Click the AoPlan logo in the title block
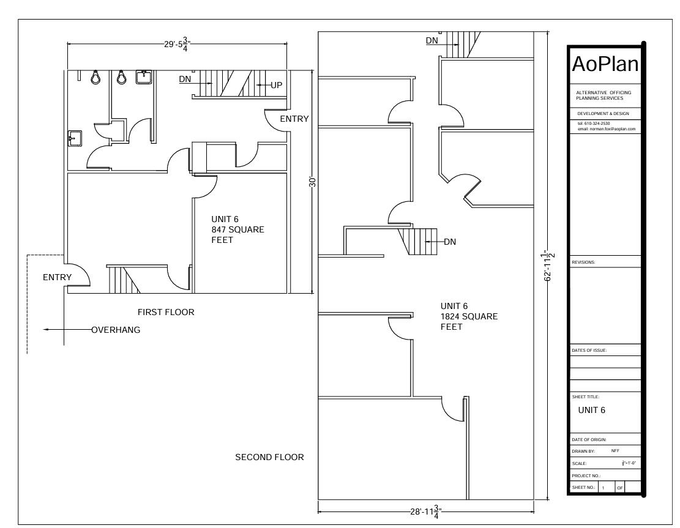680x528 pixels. (x=605, y=64)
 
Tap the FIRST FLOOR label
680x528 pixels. (x=166, y=312)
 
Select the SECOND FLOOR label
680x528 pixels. (x=269, y=457)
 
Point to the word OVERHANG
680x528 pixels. (x=116, y=330)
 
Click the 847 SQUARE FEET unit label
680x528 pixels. (x=237, y=229)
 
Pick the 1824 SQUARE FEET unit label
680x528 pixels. (x=469, y=316)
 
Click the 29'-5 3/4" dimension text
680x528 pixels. (x=177, y=44)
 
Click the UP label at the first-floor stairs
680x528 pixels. (x=276, y=85)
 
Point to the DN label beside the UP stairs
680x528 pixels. (x=185, y=79)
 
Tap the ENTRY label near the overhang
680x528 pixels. (x=58, y=277)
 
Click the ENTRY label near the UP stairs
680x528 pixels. (x=294, y=119)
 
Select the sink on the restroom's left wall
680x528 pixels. (x=75, y=139)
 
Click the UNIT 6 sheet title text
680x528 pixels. (x=591, y=410)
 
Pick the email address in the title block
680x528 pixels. (x=607, y=128)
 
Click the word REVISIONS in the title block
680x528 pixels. (x=583, y=262)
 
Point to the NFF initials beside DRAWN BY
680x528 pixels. (x=615, y=451)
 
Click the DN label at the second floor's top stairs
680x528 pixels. (x=432, y=40)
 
